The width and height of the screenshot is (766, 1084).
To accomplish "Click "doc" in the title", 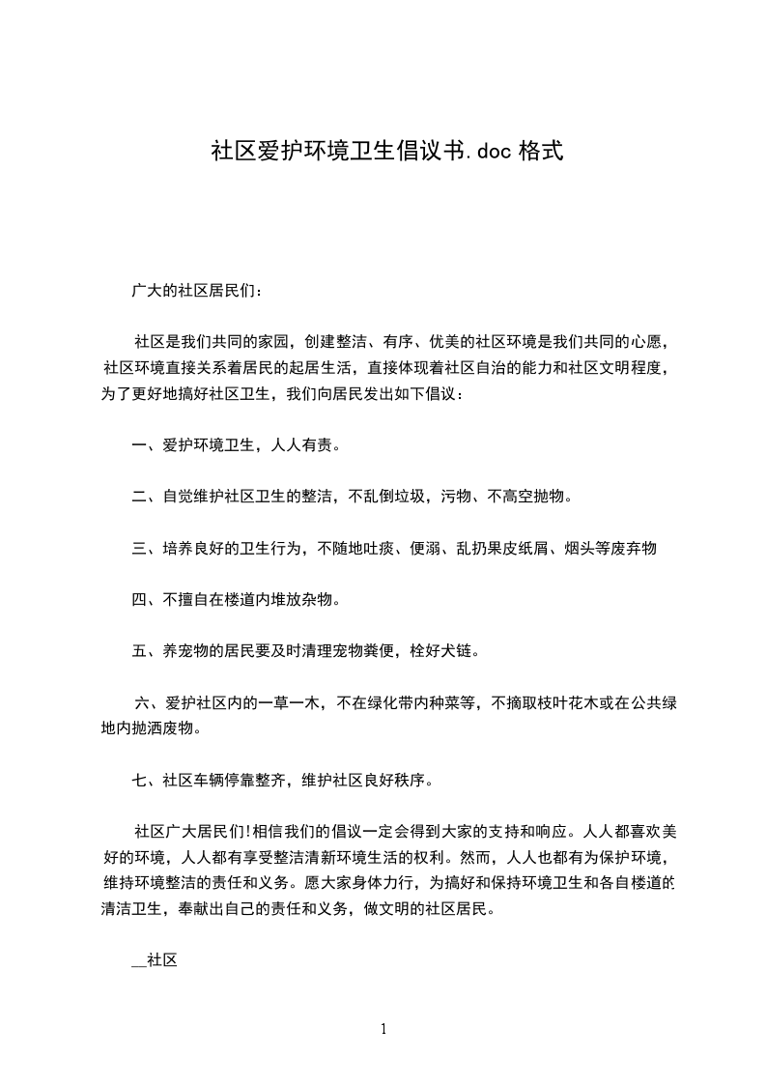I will [494, 152].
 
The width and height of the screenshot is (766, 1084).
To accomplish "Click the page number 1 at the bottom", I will [383, 1029].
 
